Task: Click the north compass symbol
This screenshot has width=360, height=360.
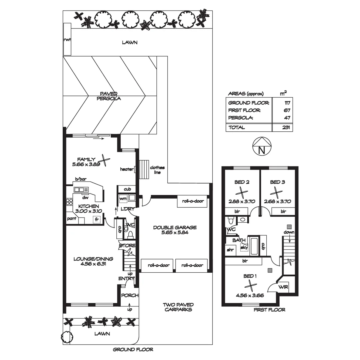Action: (262, 147)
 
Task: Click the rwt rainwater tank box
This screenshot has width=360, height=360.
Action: (67, 39)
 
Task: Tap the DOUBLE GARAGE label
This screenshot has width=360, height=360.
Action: (175, 230)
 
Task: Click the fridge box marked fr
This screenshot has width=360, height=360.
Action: (97, 220)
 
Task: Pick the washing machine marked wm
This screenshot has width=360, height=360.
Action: (123, 199)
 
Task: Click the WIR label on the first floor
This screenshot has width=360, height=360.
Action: (283, 287)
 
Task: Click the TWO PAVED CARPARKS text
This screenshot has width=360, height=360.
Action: (178, 307)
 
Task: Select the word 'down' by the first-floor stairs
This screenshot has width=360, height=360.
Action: (289, 232)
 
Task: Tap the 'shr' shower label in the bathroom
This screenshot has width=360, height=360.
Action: (230, 249)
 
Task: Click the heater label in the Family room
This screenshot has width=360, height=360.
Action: (127, 169)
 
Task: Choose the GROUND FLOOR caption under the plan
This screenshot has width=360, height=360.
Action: (133, 350)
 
